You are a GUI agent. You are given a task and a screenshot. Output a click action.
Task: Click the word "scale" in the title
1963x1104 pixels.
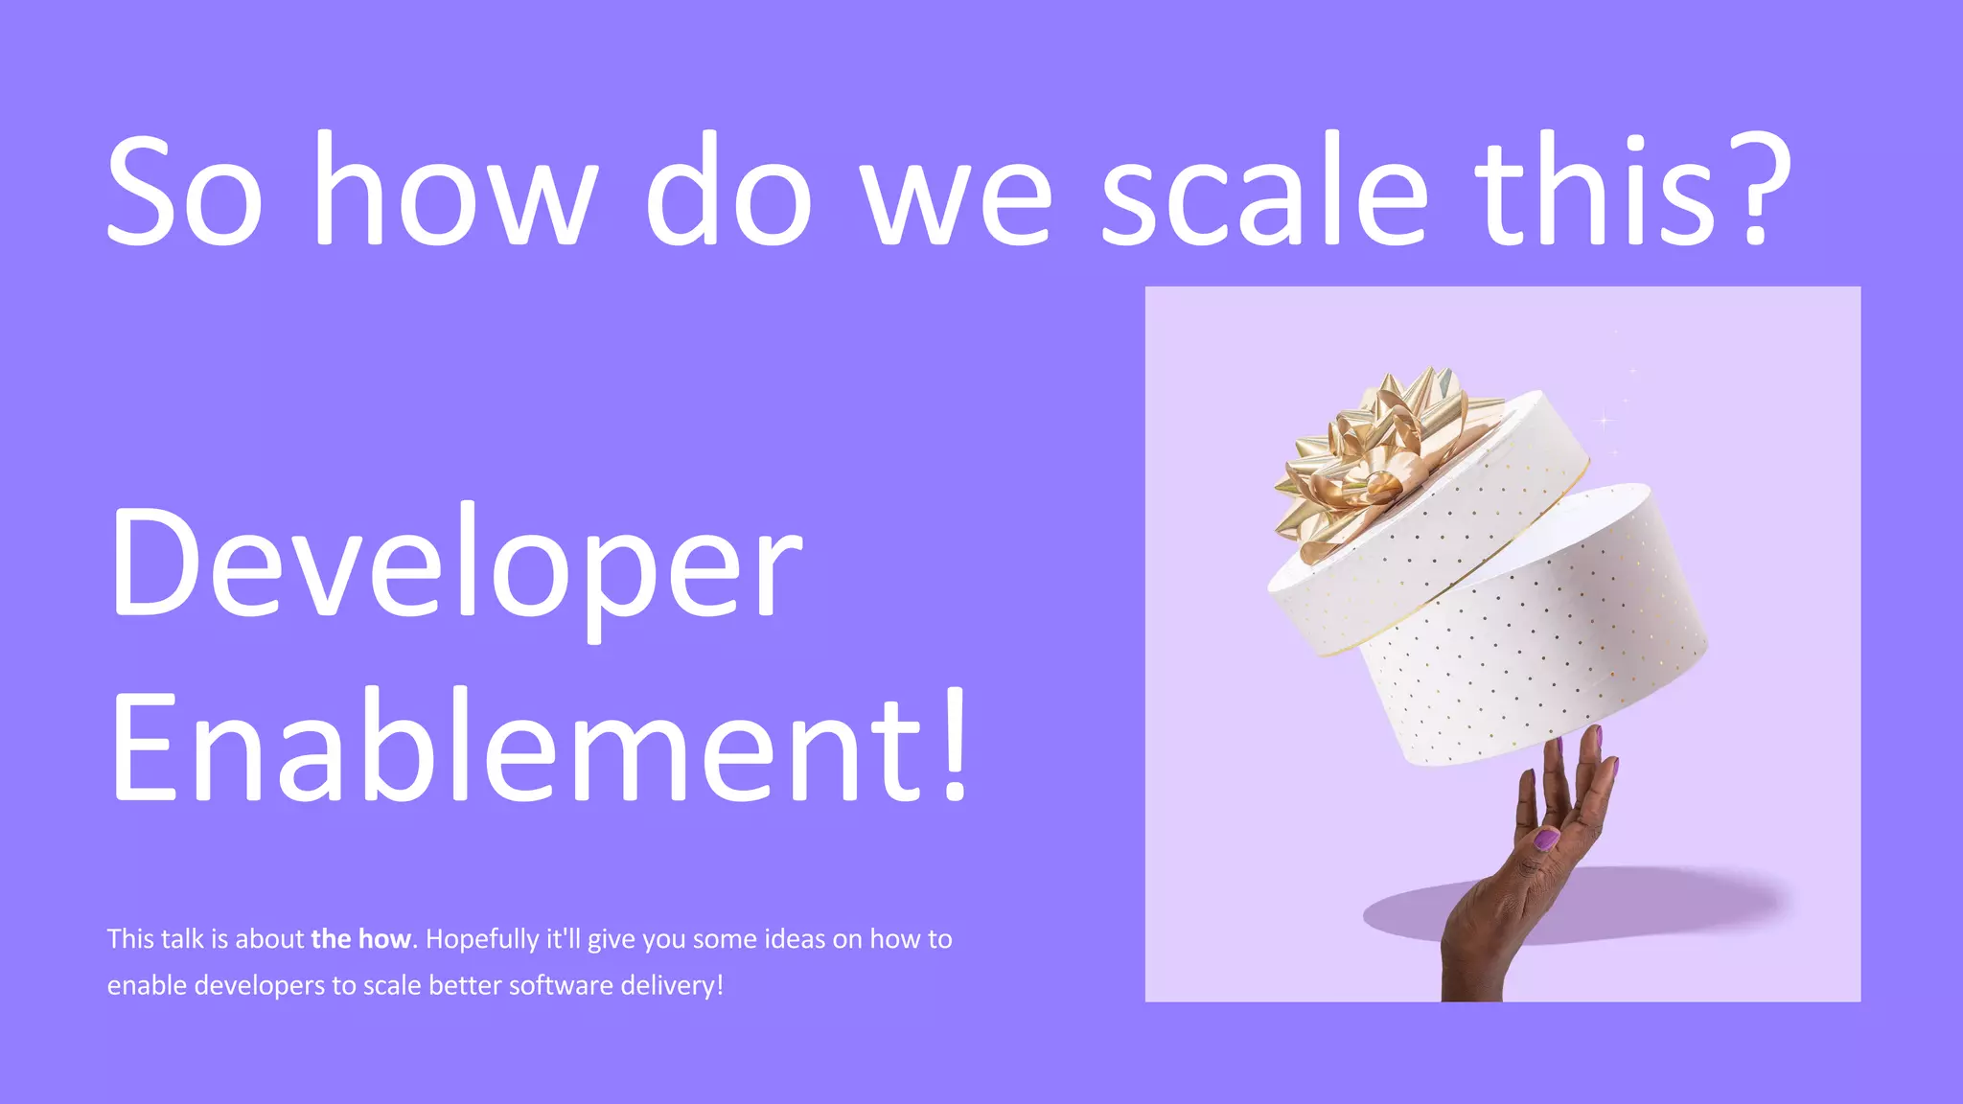pos(1264,192)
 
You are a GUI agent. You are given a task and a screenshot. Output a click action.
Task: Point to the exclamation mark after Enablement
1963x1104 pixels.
pos(955,747)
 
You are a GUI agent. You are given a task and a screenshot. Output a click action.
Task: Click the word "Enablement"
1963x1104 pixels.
pos(518,747)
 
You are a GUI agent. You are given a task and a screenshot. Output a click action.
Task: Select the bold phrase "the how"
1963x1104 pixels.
pos(360,939)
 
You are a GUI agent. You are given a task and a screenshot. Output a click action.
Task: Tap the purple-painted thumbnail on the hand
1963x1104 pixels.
pos(1546,839)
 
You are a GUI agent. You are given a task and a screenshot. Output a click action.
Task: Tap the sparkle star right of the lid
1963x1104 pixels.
pos(1605,420)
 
